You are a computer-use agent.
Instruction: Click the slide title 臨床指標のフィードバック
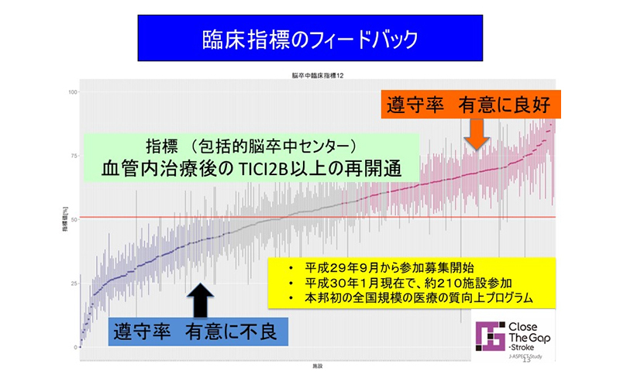tap(310, 37)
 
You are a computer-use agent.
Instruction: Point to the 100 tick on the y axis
tap(74, 92)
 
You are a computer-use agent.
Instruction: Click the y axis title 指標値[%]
tap(64, 219)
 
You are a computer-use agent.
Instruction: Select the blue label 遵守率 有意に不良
tap(195, 332)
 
